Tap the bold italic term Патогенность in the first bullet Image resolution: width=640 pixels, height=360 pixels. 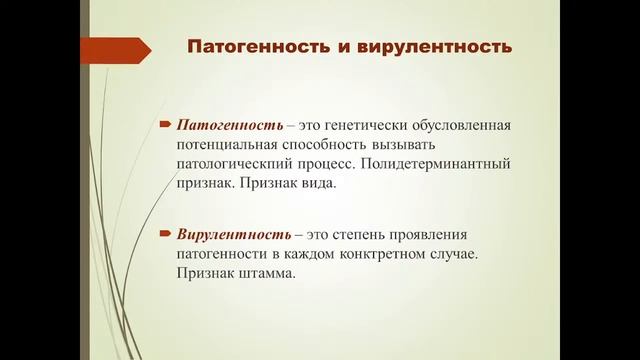(226, 125)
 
